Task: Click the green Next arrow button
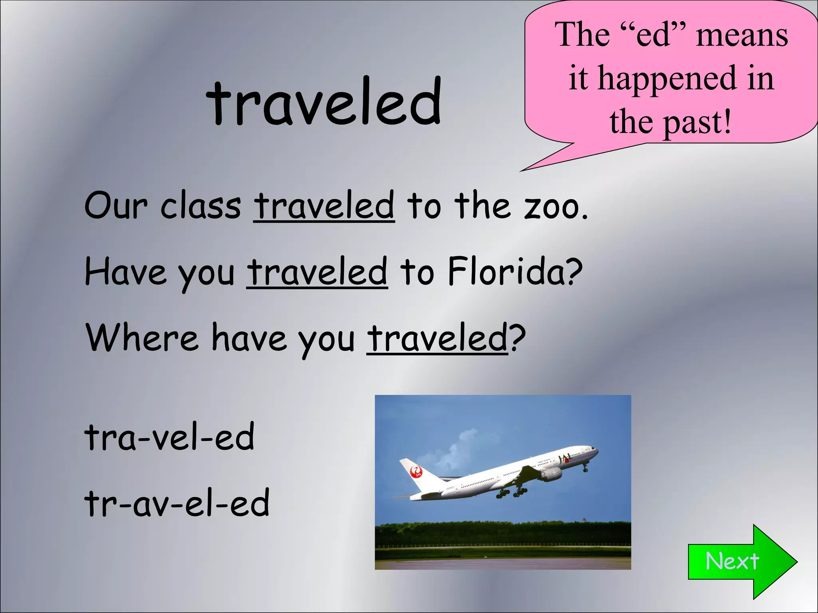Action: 737,561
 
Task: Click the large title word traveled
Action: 324,102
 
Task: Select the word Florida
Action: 515,272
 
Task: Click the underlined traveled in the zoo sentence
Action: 324,206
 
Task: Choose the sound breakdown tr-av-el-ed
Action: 177,503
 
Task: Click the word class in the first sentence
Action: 201,206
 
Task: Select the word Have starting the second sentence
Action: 125,272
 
